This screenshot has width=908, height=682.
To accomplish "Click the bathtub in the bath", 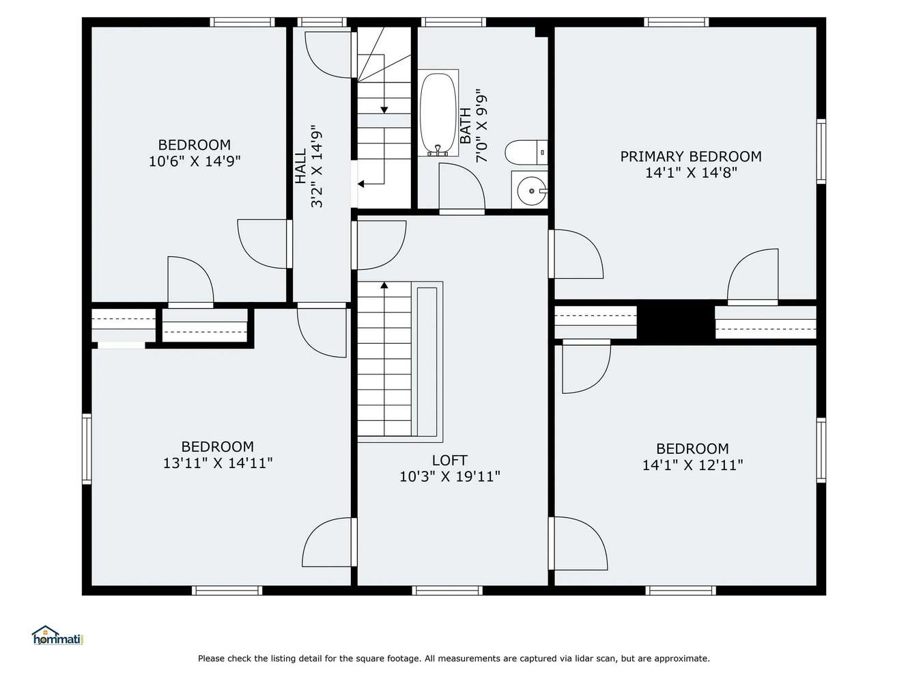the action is pos(438,113).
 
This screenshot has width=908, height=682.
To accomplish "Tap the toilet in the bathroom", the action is pos(526,152).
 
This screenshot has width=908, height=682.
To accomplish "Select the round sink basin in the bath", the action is pos(531,191).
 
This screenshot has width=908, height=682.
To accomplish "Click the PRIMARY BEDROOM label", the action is pos(691,156).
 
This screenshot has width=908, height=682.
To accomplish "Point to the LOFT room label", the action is pos(450,460).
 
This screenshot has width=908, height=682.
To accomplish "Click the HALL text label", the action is pos(301,167).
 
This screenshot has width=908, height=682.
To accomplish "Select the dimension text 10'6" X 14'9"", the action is pos(195,161).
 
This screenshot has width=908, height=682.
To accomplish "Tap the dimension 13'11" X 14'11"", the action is pos(218,463).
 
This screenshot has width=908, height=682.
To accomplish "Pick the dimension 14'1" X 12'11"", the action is pos(692,465).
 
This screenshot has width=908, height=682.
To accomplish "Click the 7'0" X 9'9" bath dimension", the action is pos(481,126).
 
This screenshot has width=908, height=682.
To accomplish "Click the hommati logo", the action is pos(58,636).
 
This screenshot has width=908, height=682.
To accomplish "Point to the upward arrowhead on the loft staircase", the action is pos(384,285).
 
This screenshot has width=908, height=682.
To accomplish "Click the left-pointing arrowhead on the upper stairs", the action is pos(360,184).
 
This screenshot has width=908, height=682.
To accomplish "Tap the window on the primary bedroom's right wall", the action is pos(821,151).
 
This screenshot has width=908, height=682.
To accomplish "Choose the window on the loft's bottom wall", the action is pos(447,590).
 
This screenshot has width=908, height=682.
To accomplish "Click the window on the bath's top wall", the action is pos(453,22).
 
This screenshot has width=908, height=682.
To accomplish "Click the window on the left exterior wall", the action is pos(87,448).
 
